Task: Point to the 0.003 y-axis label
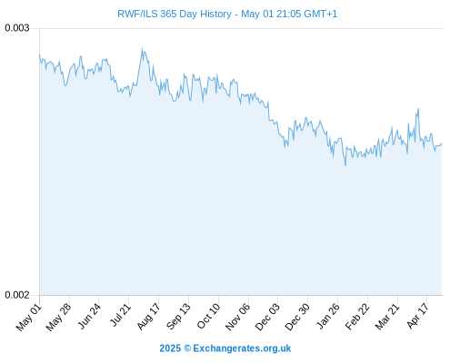[x=17, y=28]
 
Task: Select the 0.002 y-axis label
[x=17, y=295]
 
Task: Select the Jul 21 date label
[x=120, y=316]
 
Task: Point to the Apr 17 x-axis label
[x=417, y=316]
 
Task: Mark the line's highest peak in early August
[x=142, y=48]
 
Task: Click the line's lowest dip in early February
[x=345, y=165]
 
